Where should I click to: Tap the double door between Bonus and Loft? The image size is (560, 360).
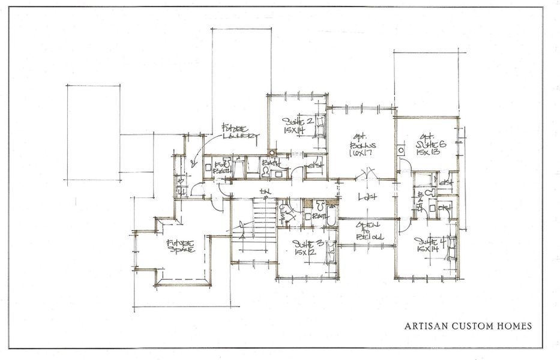pos(367,175)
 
